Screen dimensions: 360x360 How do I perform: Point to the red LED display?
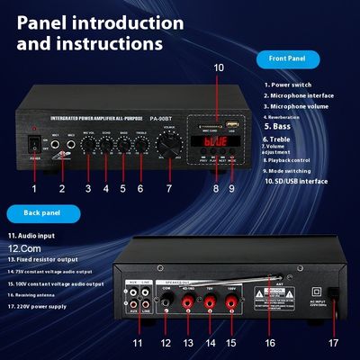tap(213, 142)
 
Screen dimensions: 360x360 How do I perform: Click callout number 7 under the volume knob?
tap(168, 188)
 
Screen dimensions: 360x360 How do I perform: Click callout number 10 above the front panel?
tap(219, 67)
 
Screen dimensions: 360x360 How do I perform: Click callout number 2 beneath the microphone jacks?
tap(62, 188)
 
